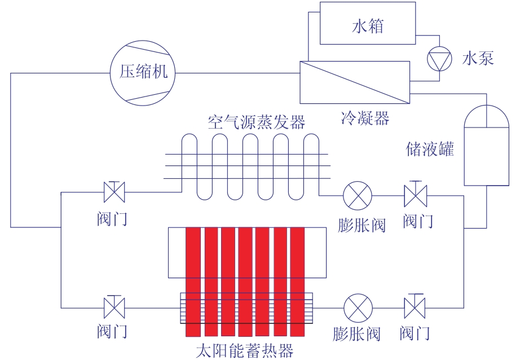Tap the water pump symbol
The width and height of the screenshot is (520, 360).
pyautogui.click(x=439, y=59)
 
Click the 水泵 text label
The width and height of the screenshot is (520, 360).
pyautogui.click(x=478, y=58)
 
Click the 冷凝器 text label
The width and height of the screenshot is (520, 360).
pyautogui.click(x=365, y=118)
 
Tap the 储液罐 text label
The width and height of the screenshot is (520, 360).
pyautogui.click(x=430, y=149)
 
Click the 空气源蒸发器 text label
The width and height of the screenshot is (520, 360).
pyautogui.click(x=257, y=122)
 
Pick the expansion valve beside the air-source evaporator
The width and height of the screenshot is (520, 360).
pyautogui.click(x=358, y=196)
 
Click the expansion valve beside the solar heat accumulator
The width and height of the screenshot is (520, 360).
pyautogui.click(x=358, y=308)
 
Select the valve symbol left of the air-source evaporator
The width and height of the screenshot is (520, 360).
pyautogui.click(x=114, y=192)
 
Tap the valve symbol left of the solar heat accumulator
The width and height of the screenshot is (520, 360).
pyautogui.click(x=114, y=308)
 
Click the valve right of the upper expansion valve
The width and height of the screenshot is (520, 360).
pyautogui.click(x=415, y=196)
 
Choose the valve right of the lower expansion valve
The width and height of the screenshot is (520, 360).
pyautogui.click(x=415, y=308)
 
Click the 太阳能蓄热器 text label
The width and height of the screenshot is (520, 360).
pyautogui.click(x=245, y=350)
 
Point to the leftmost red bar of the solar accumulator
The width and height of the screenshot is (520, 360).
pyautogui.click(x=193, y=282)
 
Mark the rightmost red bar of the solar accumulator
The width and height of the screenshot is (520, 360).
pyautogui.click(x=297, y=282)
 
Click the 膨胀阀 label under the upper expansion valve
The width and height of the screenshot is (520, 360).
pyautogui.click(x=362, y=226)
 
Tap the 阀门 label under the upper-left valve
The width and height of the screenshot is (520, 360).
pyautogui.click(x=112, y=219)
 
